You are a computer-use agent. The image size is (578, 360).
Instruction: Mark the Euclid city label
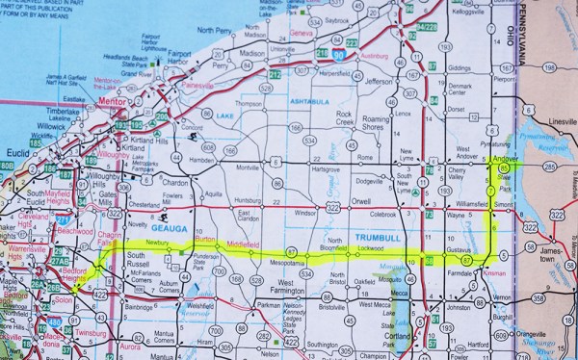pyautogui.click(x=19, y=152)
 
